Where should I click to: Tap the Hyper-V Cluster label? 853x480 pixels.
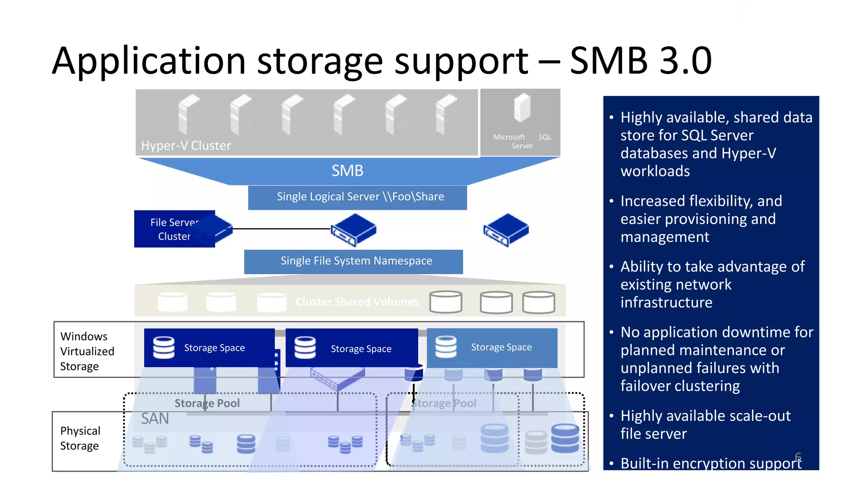(x=186, y=145)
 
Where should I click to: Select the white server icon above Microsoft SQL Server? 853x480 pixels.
(x=522, y=107)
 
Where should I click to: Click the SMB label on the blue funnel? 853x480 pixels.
(x=347, y=171)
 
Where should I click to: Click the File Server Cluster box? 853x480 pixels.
(x=174, y=229)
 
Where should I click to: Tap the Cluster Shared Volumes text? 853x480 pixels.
(x=357, y=302)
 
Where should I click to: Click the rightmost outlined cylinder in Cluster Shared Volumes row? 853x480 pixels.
(x=539, y=302)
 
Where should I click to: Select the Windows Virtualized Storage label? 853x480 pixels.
(x=87, y=351)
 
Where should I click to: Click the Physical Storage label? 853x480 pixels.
(x=80, y=438)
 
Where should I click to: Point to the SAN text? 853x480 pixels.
(x=155, y=419)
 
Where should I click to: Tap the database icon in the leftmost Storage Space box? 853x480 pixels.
(x=164, y=347)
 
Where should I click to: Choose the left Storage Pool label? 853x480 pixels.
(x=207, y=403)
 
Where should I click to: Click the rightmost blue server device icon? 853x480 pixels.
(x=506, y=230)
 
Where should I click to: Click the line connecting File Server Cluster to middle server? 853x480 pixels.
(x=282, y=229)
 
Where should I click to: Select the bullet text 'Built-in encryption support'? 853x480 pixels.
(x=711, y=463)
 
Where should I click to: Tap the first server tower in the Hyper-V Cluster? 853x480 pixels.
(x=190, y=115)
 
